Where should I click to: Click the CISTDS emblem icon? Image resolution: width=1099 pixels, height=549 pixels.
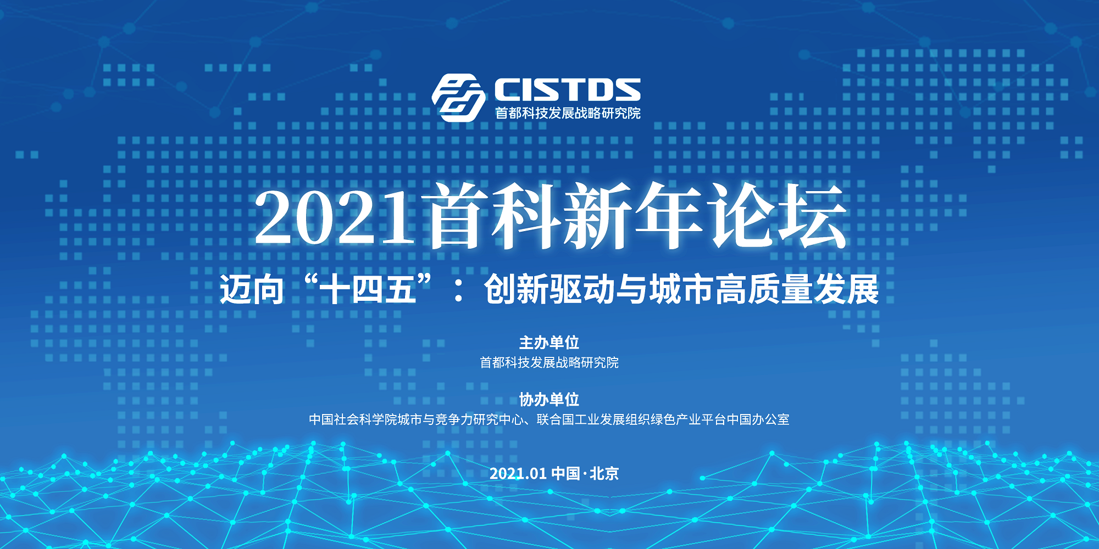(458, 98)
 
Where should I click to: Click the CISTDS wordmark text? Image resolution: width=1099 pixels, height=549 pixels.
(568, 89)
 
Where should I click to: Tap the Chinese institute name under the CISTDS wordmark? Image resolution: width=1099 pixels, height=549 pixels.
(568, 113)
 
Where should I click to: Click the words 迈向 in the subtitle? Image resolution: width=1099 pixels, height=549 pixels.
(252, 289)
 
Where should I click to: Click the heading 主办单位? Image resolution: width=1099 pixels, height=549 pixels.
(549, 343)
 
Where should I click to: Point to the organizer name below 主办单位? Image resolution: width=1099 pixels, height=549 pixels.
(549, 362)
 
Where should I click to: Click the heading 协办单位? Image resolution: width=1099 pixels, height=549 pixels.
(549, 399)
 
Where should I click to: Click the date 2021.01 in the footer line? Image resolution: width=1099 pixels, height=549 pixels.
(518, 473)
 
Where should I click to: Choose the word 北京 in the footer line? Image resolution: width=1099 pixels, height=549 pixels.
(604, 473)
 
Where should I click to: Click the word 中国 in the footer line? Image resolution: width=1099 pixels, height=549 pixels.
(566, 473)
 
